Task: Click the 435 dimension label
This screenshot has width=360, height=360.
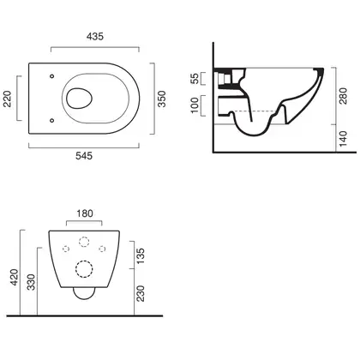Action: (x=95, y=37)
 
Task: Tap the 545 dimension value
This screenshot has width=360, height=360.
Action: (x=84, y=156)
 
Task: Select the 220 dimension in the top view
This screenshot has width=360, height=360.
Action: (x=8, y=99)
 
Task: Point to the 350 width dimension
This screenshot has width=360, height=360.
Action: (x=162, y=99)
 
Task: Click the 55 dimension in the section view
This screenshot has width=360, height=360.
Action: (x=195, y=79)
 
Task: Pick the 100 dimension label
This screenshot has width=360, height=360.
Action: (x=195, y=105)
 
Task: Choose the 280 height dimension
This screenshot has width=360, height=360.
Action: (x=343, y=96)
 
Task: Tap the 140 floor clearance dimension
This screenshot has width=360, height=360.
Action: (x=343, y=139)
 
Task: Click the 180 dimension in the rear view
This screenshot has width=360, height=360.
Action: (x=85, y=213)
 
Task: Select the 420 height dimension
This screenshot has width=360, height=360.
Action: (x=15, y=278)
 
